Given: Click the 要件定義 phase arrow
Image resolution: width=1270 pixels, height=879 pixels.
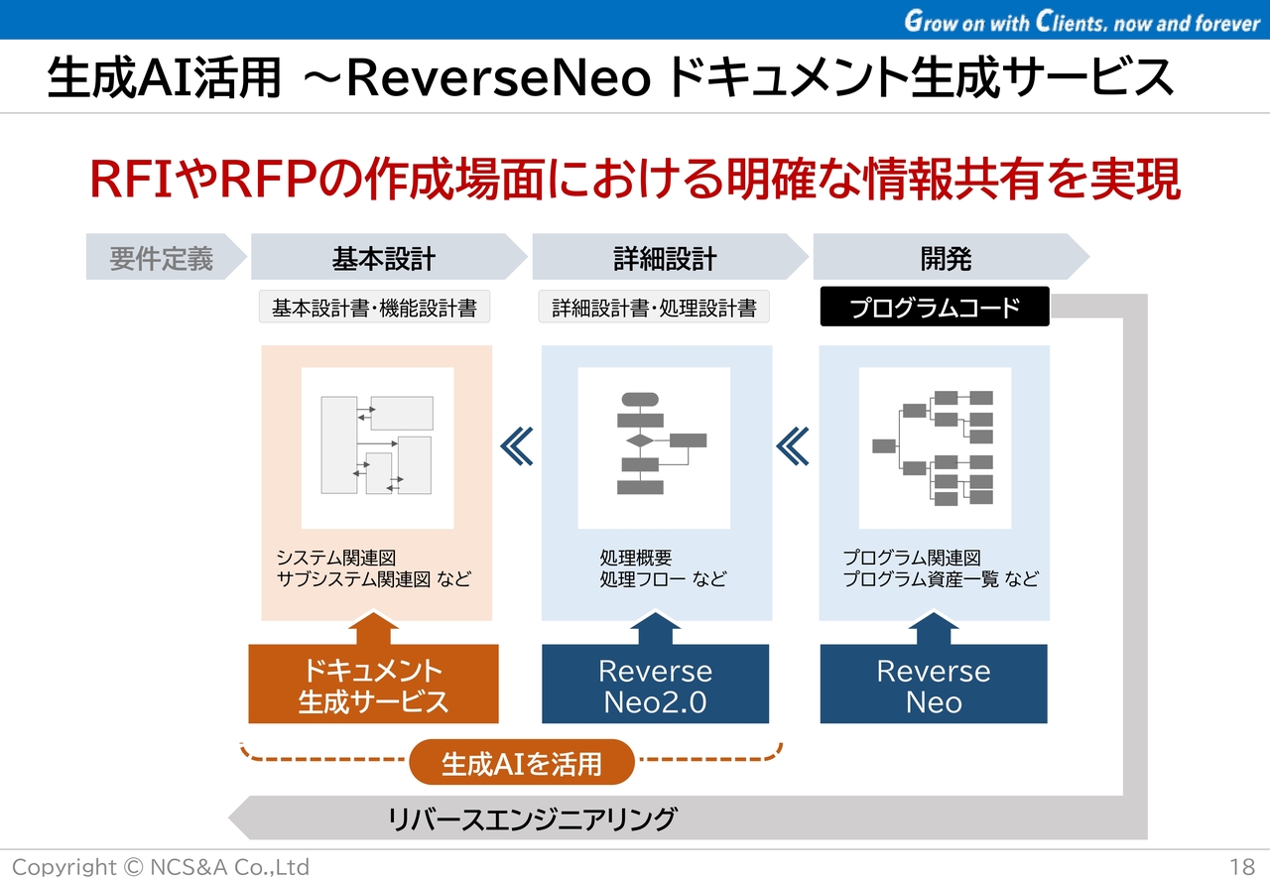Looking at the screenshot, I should (163, 259).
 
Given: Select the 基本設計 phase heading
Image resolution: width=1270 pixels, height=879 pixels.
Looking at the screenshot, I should (384, 259).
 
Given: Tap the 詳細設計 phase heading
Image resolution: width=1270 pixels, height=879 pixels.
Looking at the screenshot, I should (665, 259).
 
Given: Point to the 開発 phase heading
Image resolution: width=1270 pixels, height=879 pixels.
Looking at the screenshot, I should (946, 259).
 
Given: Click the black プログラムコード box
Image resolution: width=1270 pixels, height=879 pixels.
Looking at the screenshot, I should (934, 308).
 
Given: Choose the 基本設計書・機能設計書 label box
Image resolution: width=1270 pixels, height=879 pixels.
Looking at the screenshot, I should (374, 308).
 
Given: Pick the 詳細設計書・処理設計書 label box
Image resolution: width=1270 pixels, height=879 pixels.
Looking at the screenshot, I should (654, 308).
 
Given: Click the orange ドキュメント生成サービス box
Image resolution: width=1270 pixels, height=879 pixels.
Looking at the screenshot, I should (373, 686).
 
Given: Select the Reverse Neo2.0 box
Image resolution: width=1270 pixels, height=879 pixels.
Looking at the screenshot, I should (655, 686).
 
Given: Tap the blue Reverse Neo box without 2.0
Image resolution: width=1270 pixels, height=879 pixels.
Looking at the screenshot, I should (933, 686).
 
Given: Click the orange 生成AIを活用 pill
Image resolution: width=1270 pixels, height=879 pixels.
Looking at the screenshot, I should (521, 763).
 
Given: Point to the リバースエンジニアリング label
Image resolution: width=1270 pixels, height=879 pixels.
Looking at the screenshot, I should (532, 819).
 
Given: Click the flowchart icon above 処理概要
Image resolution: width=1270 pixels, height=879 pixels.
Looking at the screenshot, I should (654, 446).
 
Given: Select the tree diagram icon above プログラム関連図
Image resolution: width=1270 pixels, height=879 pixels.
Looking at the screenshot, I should (934, 446).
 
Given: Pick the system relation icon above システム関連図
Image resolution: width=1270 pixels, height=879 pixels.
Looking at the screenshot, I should (377, 446).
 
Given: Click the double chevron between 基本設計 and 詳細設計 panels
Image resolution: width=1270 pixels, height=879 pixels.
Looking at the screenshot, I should (517, 446).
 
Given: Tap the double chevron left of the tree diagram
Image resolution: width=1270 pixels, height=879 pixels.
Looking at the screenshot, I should (793, 446).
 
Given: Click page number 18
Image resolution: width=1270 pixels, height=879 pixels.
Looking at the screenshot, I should (1241, 866).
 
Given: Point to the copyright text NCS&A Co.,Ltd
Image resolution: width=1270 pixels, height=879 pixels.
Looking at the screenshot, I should (161, 866).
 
